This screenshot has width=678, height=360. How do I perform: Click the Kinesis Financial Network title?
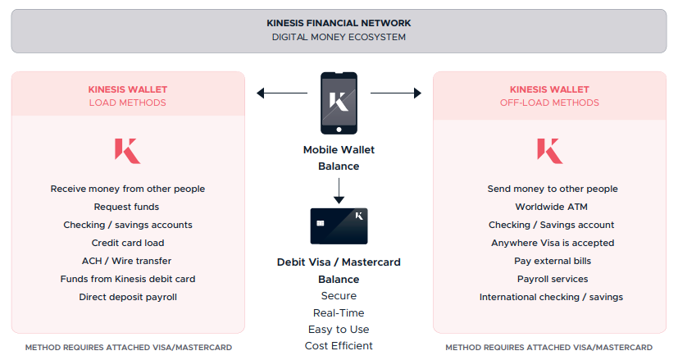pyautogui.click(x=339, y=23)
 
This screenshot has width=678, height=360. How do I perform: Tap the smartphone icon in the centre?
pyautogui.click(x=339, y=103)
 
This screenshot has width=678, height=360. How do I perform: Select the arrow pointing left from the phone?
pyautogui.click(x=282, y=93)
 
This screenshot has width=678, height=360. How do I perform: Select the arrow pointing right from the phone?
pyautogui.click(x=396, y=93)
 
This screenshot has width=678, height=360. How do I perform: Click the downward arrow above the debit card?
pyautogui.click(x=339, y=191)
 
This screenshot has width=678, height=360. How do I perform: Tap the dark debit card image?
pyautogui.click(x=339, y=226)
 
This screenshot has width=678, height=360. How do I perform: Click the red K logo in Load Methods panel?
pyautogui.click(x=128, y=151)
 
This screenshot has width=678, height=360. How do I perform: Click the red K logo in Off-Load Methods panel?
pyautogui.click(x=550, y=151)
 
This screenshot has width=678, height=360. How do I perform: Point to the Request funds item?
pyautogui.click(x=127, y=207)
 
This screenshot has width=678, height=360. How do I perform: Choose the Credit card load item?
pyautogui.click(x=128, y=243)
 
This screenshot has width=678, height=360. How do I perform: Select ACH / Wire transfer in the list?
pyautogui.click(x=127, y=261)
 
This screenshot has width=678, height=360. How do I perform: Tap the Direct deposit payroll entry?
pyautogui.click(x=128, y=297)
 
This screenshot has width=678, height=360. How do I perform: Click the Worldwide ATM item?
pyautogui.click(x=551, y=207)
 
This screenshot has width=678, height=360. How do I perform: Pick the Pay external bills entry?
pyautogui.click(x=553, y=261)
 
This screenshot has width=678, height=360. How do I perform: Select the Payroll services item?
pyautogui.click(x=553, y=279)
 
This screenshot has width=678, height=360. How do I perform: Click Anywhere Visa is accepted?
pyautogui.click(x=553, y=243)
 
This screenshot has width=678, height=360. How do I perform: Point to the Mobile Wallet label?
pyautogui.click(x=339, y=150)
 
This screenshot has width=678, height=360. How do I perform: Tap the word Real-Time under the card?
pyautogui.click(x=339, y=312)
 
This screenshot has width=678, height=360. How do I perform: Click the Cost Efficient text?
pyautogui.click(x=339, y=346)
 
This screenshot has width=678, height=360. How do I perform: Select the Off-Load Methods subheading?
pyautogui.click(x=549, y=103)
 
